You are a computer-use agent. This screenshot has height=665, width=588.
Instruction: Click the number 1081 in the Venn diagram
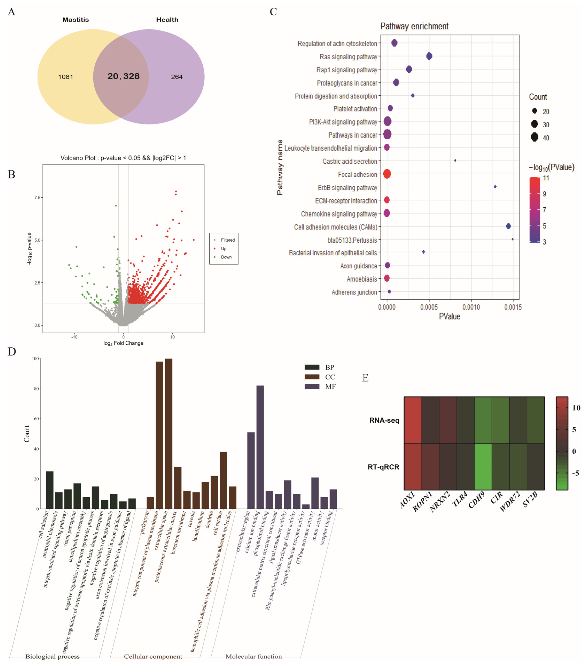pyautogui.click(x=65, y=77)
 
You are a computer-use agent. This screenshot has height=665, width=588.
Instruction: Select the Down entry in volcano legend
pyautogui.click(x=226, y=257)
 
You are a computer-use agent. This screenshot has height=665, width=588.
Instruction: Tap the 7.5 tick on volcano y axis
pyautogui.click(x=37, y=197)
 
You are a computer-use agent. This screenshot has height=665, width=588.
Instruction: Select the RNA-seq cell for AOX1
pyautogui.click(x=413, y=420)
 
